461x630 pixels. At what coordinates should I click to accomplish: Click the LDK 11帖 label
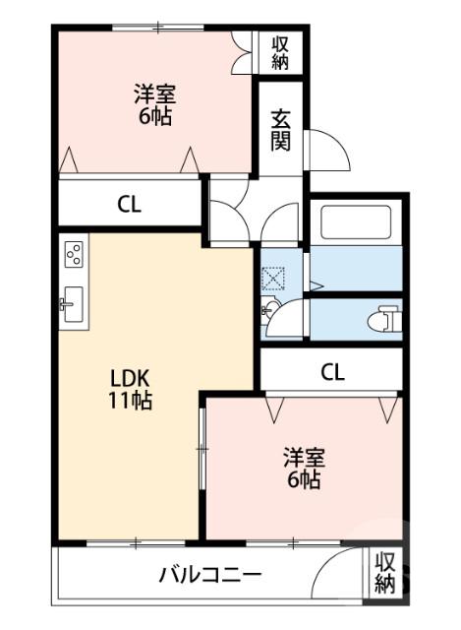coord(130,390)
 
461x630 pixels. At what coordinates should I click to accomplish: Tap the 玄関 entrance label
coord(281,127)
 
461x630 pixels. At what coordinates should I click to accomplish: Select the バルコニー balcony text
coord(210,576)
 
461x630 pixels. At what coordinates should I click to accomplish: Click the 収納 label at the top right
coord(281,51)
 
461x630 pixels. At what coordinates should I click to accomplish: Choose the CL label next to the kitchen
coord(130,205)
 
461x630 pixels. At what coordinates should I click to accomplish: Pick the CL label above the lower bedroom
coord(332,372)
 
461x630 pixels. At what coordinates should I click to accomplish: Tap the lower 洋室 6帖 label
coord(303,470)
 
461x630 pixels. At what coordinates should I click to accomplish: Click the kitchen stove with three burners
coord(74,256)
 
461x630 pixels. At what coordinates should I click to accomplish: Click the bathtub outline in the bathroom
coord(355,221)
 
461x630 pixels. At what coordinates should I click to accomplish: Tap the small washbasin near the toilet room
coord(269,311)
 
